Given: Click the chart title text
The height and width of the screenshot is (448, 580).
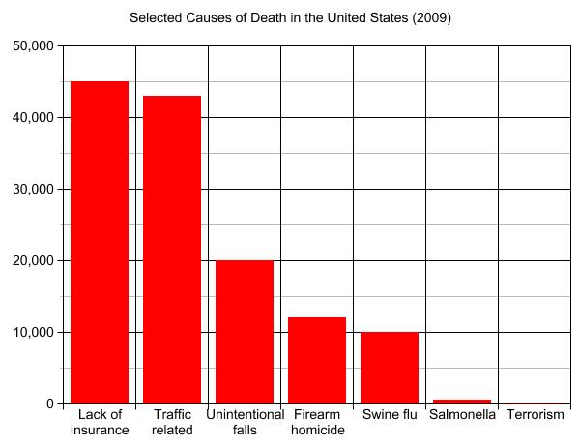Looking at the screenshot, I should coord(290,17).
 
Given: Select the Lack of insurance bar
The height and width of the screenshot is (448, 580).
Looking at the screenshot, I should coord(100,242).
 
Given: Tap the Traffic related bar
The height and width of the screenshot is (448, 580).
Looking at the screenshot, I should coord(172,250).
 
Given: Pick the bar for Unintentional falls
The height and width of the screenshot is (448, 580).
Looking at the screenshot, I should coord(245,332).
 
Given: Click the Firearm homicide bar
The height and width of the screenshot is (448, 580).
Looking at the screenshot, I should coord(317,360).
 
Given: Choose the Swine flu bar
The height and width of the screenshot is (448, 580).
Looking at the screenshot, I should coord(390,368).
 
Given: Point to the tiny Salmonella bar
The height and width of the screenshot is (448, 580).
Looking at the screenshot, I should coord(462,402).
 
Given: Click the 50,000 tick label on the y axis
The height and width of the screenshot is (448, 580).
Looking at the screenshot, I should coord(34,45).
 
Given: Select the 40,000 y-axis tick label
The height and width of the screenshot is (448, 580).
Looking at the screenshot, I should coord(34,117).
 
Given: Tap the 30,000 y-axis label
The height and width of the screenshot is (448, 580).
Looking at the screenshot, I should coord(34,189).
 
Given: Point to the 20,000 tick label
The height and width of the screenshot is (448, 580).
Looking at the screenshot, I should coord(34,260).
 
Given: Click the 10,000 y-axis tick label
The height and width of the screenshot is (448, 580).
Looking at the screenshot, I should coord(34,332).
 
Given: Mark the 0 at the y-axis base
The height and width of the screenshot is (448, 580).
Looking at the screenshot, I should coord(50,403).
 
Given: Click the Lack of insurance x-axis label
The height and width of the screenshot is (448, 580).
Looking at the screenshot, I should coord(100,423).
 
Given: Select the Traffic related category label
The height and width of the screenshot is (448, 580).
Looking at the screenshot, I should coord(172,423).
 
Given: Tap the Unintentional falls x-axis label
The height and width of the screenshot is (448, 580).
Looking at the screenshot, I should coord(245,423).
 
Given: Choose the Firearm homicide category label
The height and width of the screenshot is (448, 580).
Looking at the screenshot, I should coord(317,423).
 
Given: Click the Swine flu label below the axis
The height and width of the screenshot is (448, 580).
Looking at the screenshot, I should coord(390,415).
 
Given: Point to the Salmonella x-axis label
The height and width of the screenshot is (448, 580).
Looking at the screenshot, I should coord(462,415).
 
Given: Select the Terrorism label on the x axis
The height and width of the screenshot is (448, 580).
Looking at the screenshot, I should coord(535,415).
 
